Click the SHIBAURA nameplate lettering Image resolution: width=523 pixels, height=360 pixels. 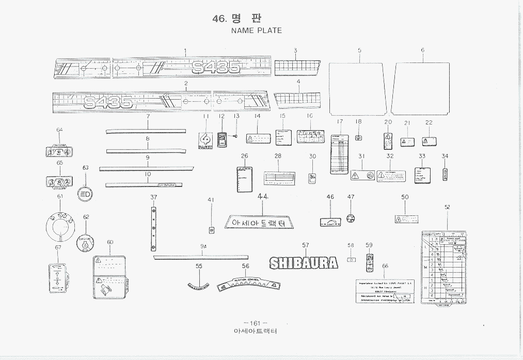[x=304, y=263]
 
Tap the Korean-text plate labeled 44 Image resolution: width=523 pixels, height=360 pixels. [x=259, y=223]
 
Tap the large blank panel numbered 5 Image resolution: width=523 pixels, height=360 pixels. [x=358, y=88]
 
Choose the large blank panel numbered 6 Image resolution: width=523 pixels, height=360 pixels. [x=422, y=88]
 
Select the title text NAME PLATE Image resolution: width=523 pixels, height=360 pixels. [x=256, y=30]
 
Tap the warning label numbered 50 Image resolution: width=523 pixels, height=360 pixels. [x=406, y=219]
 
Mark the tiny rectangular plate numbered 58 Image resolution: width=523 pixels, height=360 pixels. [x=351, y=260]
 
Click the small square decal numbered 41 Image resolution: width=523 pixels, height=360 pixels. [x=211, y=230]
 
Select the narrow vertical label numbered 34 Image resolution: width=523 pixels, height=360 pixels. [x=445, y=174]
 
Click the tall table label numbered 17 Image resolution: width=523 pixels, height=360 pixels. [x=339, y=154]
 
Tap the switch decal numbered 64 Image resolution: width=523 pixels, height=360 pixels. [x=59, y=152]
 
